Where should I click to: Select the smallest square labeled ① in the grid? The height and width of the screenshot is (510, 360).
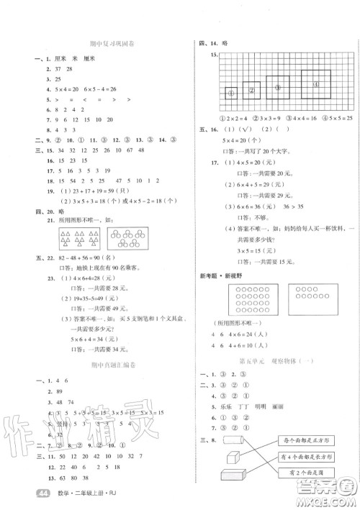[x=232, y=93]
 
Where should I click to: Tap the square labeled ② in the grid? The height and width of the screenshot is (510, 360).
[x=252, y=91]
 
